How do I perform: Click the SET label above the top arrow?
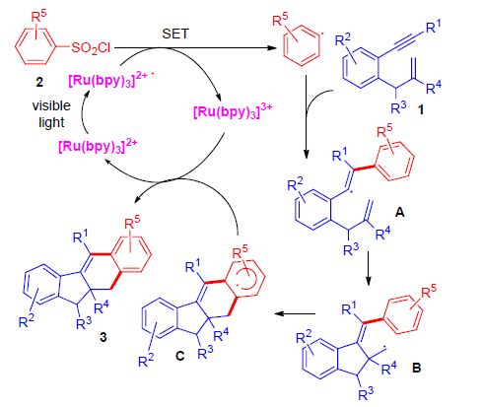175,34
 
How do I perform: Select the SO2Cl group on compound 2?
91,48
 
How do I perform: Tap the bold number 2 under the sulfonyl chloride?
39,82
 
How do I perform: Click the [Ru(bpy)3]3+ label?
233,111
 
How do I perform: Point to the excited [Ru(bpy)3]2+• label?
111,80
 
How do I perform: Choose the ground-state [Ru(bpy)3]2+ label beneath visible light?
98,146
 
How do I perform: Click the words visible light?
51,114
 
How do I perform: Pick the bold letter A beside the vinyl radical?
399,213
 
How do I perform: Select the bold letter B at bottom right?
416,368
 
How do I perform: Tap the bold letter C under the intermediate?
179,356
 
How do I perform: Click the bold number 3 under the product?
103,337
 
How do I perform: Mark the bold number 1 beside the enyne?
420,110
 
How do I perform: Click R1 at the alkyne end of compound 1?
434,27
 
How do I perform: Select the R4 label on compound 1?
434,87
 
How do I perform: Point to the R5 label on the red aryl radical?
280,21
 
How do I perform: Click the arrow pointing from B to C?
295,313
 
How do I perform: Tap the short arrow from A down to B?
368,268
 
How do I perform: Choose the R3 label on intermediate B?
366,393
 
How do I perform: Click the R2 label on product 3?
27,321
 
